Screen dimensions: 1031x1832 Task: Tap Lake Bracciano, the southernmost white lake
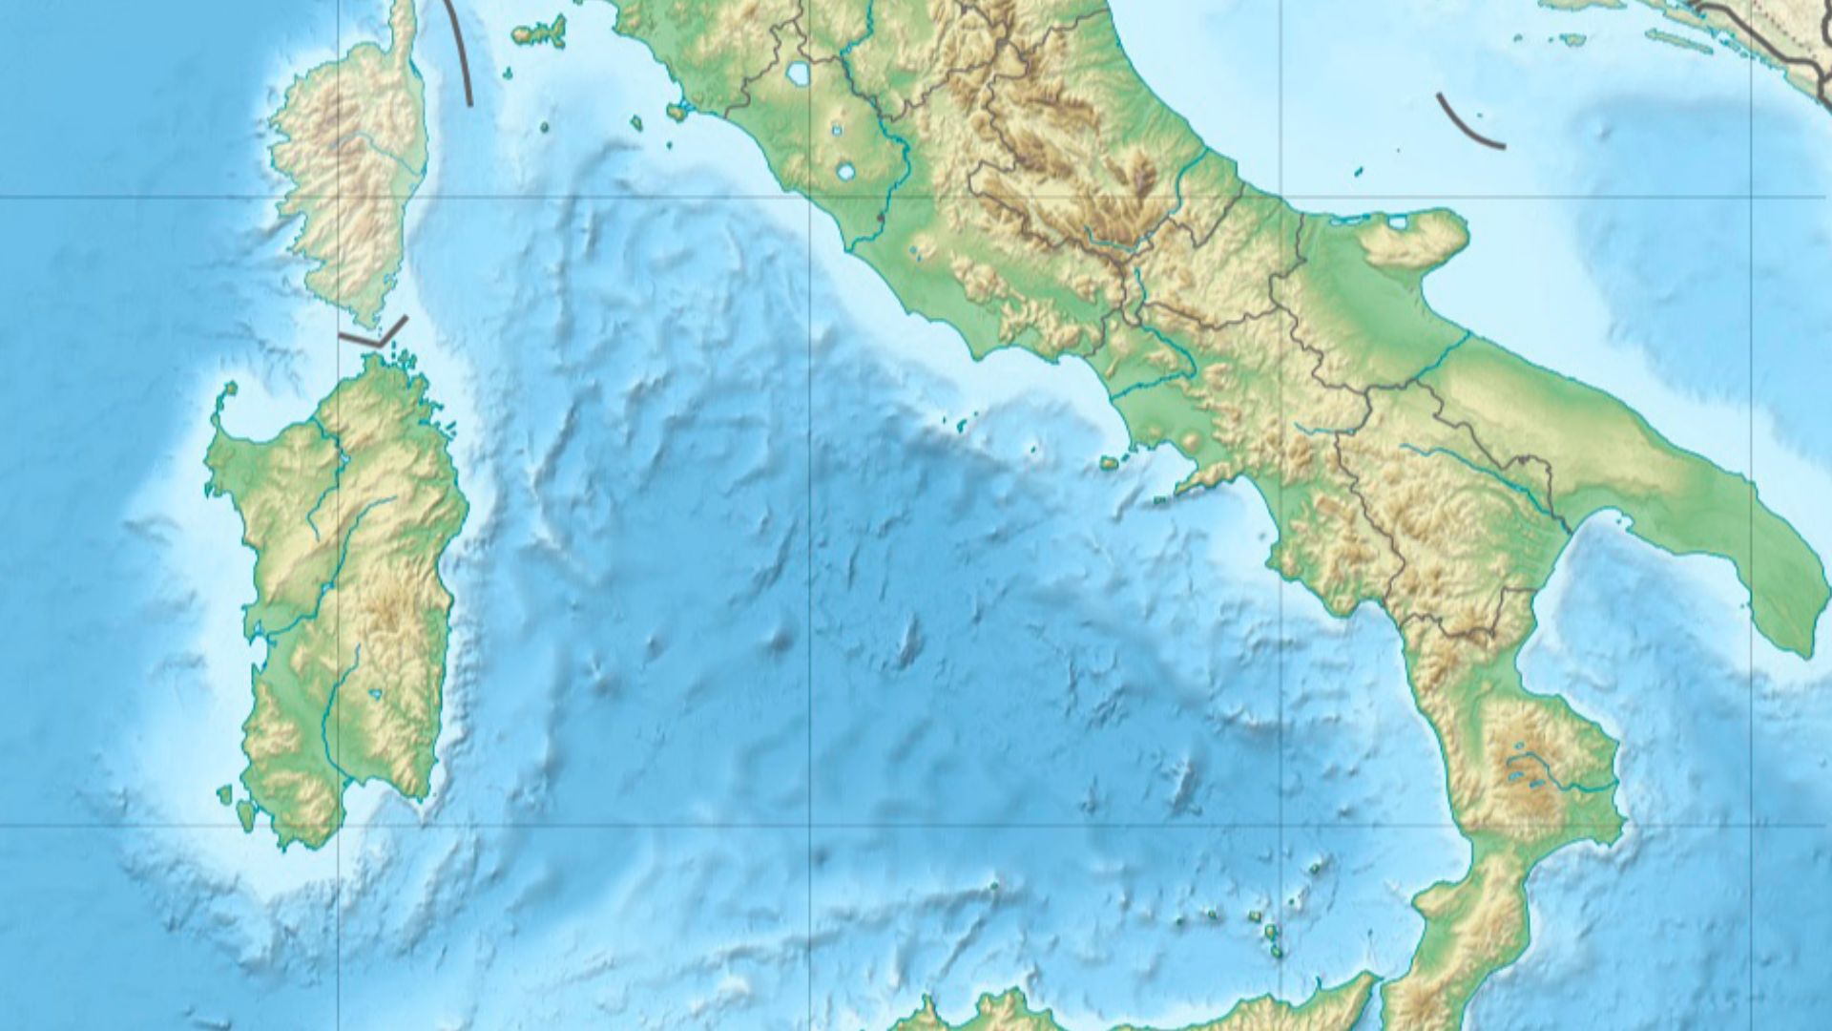(x=845, y=172)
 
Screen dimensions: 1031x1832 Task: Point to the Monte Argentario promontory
(x=677, y=112)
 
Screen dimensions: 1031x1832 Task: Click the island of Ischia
(x=1110, y=463)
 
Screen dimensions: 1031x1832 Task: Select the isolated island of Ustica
(x=993, y=886)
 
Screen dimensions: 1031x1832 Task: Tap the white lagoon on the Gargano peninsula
(x=1399, y=224)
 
